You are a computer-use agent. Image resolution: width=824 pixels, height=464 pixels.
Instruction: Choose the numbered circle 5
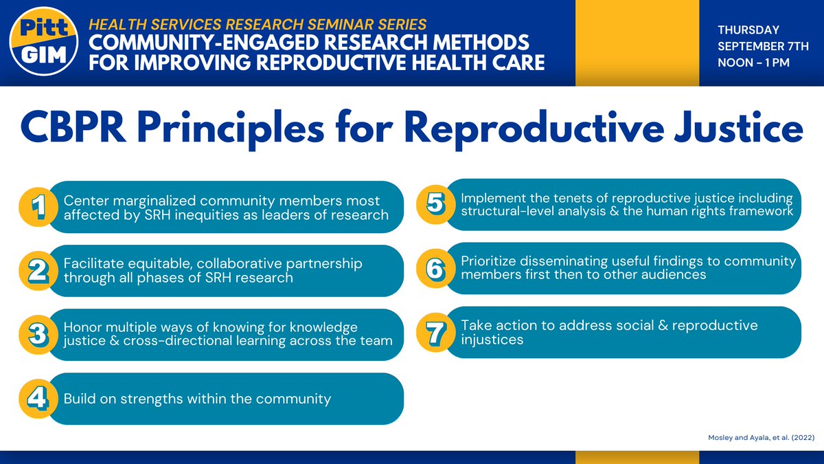point(434,205)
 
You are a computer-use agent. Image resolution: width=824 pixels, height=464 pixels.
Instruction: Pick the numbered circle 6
point(434,269)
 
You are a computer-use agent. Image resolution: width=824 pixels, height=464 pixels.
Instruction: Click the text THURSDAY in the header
point(748,30)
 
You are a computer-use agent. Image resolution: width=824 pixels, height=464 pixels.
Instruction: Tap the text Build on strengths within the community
point(197,399)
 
